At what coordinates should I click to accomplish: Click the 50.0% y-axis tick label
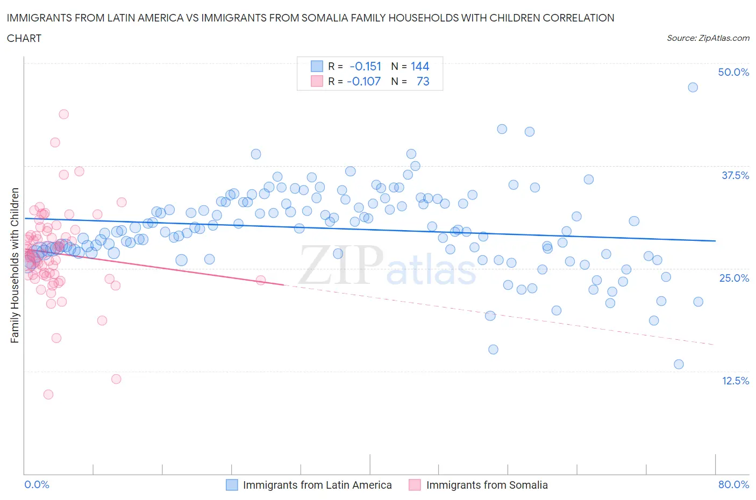[x=733, y=72]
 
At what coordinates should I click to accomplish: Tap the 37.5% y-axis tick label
[x=734, y=175]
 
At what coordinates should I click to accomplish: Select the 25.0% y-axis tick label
[x=734, y=278]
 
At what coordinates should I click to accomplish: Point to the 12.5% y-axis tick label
[x=734, y=381]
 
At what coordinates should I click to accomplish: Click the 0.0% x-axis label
[x=37, y=484]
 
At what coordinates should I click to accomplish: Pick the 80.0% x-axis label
[x=733, y=484]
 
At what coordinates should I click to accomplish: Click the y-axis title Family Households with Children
[x=15, y=265]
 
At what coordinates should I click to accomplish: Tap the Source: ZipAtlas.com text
[x=708, y=38]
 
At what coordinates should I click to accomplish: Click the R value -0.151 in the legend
[x=365, y=66]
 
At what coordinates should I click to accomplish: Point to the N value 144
[x=419, y=66]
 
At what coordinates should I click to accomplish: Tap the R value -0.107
[x=363, y=81]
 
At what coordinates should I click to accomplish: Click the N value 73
[x=423, y=81]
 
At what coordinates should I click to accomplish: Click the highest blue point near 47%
[x=693, y=87]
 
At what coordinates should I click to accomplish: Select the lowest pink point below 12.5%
[x=48, y=394]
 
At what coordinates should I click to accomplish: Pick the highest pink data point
[x=63, y=114]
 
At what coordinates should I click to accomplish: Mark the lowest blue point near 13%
[x=679, y=364]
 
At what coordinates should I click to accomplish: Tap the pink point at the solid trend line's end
[x=261, y=280]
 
